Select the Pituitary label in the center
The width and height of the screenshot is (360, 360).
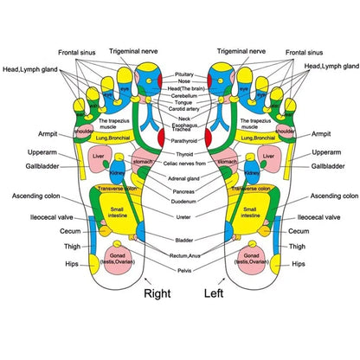(183, 75)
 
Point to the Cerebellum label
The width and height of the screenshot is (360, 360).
(183, 95)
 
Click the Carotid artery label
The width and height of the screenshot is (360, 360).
(183, 111)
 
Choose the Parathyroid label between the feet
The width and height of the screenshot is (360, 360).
(183, 140)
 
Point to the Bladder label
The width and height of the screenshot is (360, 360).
(183, 240)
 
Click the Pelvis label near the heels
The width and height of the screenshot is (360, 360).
(183, 270)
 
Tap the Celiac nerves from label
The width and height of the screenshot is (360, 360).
(183, 163)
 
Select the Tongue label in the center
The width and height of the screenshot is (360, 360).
(183, 103)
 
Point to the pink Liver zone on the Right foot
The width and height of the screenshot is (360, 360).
(99, 161)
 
